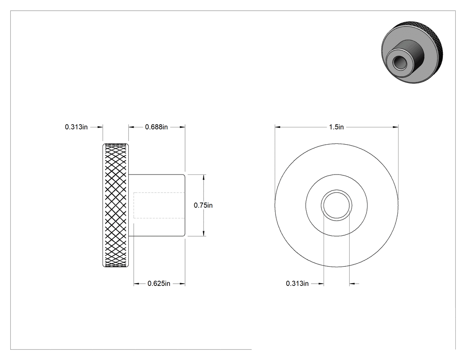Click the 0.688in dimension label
(156, 127)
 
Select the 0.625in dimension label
(159, 284)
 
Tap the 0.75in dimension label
(203, 205)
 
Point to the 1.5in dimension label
(336, 127)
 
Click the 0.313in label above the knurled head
(76, 127)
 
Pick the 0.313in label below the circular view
(297, 284)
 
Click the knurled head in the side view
(115, 205)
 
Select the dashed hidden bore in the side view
(159, 205)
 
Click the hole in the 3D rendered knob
(398, 62)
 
